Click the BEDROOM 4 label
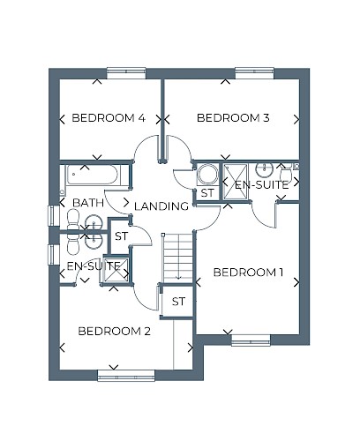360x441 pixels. [x=109, y=118]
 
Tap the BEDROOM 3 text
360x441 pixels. [x=233, y=118]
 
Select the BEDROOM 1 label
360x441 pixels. [x=248, y=273]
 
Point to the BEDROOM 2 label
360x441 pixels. [x=115, y=332]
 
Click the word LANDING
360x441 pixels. [x=161, y=206]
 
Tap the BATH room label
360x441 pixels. [x=88, y=203]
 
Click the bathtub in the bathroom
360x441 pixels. [x=93, y=175]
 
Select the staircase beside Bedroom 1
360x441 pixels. [x=177, y=258]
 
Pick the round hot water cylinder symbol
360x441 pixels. [x=207, y=175]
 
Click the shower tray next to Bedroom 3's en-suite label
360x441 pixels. [x=235, y=182]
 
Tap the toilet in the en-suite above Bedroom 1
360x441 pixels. [x=286, y=173]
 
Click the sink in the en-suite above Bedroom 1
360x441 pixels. [x=265, y=169]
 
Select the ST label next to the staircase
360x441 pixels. [x=178, y=302]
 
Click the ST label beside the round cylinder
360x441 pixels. [x=207, y=193]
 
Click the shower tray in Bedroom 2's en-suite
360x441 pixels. [x=116, y=271]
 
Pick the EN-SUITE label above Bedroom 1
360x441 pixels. [x=262, y=185]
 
